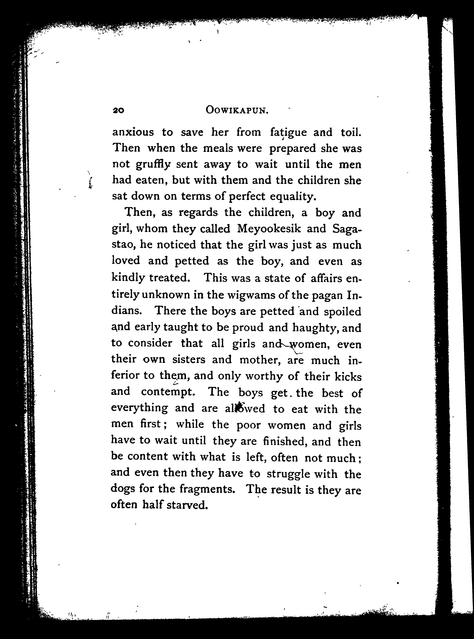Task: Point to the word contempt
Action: pos(168,392)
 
